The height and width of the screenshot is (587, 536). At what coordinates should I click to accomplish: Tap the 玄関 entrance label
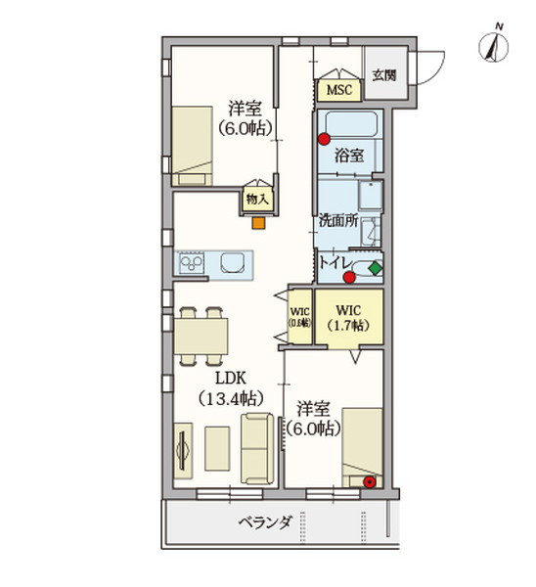tap(383, 76)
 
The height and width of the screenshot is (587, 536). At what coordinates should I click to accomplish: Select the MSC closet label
tap(338, 90)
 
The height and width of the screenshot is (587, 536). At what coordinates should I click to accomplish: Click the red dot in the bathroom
tap(322, 139)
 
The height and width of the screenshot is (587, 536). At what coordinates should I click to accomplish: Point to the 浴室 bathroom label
tap(348, 155)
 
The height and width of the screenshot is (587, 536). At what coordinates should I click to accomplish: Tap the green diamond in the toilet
tap(375, 267)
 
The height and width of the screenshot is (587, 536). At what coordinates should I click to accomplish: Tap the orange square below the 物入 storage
tap(257, 222)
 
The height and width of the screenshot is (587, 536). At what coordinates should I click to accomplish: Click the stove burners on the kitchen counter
tap(190, 263)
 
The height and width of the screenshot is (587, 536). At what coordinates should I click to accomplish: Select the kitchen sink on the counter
tap(235, 263)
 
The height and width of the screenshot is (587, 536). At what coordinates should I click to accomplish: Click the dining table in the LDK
tap(201, 336)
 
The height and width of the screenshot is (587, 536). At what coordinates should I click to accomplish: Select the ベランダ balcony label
tap(264, 522)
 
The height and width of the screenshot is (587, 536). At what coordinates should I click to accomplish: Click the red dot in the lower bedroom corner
tap(369, 481)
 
